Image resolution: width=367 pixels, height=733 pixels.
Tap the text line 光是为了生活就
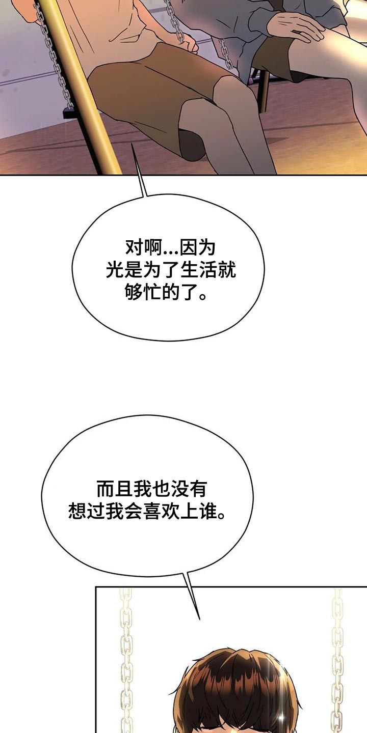tap(170, 270)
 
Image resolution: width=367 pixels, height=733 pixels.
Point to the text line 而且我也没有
tap(151, 489)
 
